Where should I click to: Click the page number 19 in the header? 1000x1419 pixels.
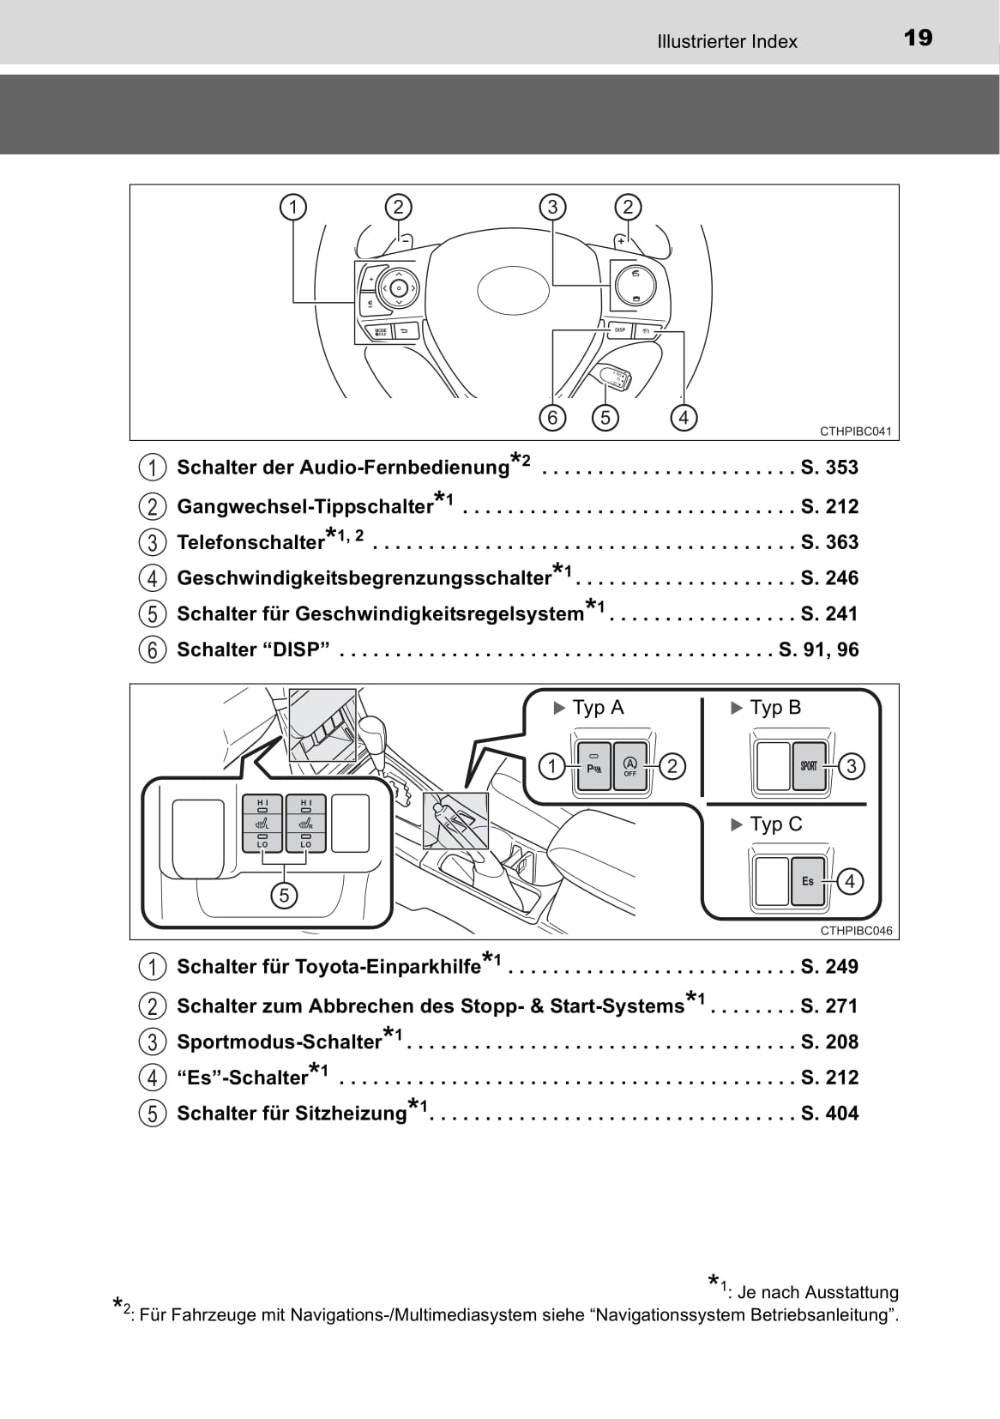pos(918,38)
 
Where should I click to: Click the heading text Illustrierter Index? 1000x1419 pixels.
pos(726,41)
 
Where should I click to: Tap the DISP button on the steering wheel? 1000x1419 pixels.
pos(619,329)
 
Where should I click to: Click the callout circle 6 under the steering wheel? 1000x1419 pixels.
pos(552,418)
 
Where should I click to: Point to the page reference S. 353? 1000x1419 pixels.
pos(828,468)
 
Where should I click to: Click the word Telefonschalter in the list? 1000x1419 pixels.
pos(250,542)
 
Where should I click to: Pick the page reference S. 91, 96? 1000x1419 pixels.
pos(818,649)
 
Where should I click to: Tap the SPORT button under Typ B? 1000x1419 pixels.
pos(808,766)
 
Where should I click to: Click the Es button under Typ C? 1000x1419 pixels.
pos(808,881)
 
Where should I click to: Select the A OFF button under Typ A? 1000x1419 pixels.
pos(630,766)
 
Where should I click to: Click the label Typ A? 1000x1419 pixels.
pos(597,708)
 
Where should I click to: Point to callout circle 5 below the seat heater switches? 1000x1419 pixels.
pos(283,896)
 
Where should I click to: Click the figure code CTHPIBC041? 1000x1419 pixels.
pos(855,432)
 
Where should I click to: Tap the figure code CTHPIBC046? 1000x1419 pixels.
pos(855,931)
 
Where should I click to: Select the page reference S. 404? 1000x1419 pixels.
pos(828,1113)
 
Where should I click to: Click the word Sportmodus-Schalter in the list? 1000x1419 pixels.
pos(279,1042)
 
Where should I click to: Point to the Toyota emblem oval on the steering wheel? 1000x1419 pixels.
pos(513,290)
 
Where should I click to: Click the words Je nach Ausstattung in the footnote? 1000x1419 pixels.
pos(817,1292)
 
